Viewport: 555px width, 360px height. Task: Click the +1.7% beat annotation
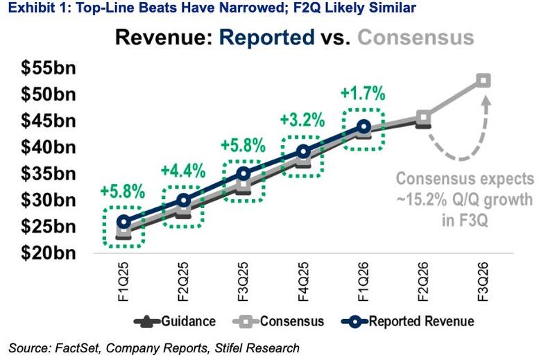(x=363, y=93)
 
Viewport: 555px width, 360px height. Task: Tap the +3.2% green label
(x=302, y=119)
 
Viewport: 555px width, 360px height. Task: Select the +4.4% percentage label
(x=182, y=171)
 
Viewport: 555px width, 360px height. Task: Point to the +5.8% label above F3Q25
(x=243, y=145)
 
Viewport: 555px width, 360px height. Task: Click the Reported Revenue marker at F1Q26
(x=364, y=126)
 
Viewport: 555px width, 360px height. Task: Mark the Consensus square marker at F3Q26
(x=484, y=80)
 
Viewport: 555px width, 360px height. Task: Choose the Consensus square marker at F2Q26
(x=423, y=117)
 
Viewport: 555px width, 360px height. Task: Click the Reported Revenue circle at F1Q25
(x=123, y=222)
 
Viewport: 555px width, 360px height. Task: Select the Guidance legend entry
(x=177, y=321)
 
